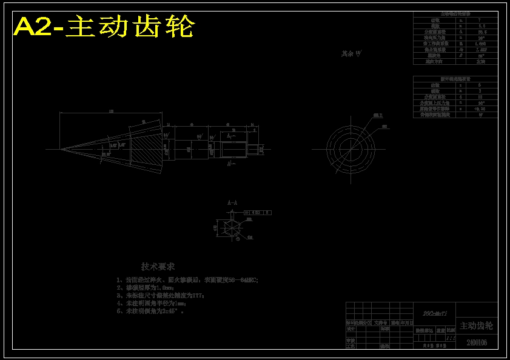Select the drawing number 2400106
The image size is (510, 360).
pyautogui.click(x=477, y=343)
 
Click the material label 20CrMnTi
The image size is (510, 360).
pyautogui.click(x=435, y=313)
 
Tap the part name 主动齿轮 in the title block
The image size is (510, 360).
pyautogui.click(x=476, y=326)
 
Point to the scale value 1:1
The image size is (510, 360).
pyautogui.click(x=451, y=338)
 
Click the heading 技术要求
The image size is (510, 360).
pyautogui.click(x=158, y=267)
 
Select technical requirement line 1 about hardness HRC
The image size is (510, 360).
pyautogui.click(x=187, y=280)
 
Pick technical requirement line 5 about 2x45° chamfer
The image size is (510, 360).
pyautogui.click(x=151, y=311)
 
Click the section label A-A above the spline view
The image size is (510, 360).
pyautogui.click(x=232, y=202)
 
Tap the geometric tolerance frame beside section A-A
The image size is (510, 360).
pyautogui.click(x=258, y=213)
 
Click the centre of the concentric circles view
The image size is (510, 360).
pyautogui.click(x=351, y=147)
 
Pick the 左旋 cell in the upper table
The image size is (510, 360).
pyautogui.click(x=481, y=61)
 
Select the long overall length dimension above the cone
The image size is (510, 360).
pyautogui.click(x=111, y=113)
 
